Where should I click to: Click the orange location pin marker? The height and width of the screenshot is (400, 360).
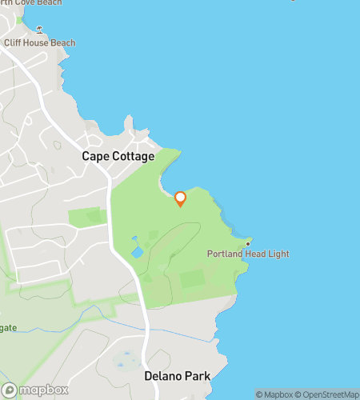180,198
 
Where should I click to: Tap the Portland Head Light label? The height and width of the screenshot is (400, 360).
248,254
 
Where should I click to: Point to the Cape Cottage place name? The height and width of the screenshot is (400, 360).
118,157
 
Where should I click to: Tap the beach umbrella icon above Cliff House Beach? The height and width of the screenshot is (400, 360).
38,30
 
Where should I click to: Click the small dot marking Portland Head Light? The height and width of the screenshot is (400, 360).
248,242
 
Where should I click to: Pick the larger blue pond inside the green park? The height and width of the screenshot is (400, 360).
137,252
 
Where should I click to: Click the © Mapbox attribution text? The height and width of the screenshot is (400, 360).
274,394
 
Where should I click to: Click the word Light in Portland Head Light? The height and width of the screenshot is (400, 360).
278,254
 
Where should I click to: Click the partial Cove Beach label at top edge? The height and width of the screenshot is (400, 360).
32,2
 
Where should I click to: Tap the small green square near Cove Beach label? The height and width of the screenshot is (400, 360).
20,19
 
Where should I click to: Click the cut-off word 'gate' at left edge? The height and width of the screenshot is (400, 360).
8,328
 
